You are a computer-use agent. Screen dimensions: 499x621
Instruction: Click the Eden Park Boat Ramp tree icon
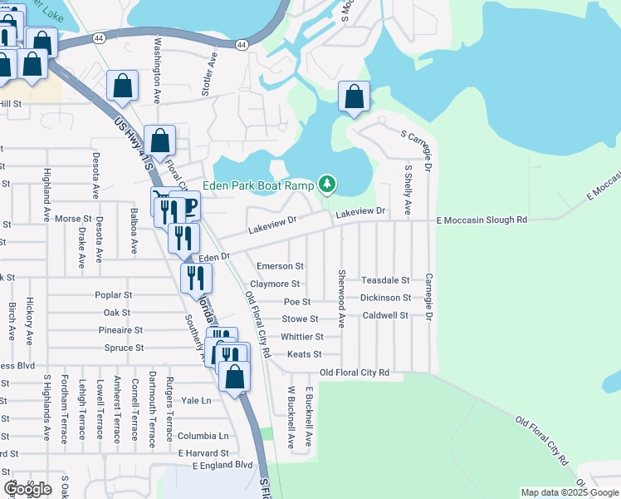(x=328, y=183)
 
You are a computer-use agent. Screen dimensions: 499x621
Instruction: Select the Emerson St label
(x=280, y=266)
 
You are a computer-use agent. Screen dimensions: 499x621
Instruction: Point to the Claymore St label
(x=275, y=284)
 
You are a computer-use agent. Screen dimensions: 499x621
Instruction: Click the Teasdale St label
(x=385, y=281)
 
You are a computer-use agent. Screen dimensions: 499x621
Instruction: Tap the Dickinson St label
(x=385, y=298)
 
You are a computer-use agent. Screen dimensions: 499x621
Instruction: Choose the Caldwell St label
(x=385, y=316)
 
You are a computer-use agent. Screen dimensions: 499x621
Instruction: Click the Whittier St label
(x=302, y=337)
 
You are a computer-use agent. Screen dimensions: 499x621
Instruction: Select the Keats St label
(x=304, y=354)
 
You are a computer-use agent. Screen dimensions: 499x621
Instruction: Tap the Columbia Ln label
(x=203, y=436)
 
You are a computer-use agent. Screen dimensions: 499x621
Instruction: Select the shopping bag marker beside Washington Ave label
(x=123, y=85)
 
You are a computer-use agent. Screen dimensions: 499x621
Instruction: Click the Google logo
(x=27, y=489)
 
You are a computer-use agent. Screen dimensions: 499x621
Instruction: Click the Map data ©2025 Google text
(x=569, y=492)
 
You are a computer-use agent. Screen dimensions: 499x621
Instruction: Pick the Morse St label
(x=73, y=219)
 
